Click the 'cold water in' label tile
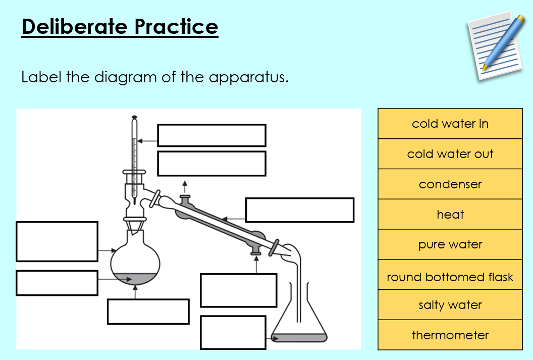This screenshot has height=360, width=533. click(450, 124)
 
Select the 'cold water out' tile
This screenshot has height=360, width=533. click(450, 154)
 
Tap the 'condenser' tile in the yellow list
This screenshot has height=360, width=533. click(450, 184)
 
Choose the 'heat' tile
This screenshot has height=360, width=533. click(450, 215)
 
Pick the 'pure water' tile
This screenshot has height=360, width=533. click(450, 245)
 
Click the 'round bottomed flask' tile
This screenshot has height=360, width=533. click(450, 277)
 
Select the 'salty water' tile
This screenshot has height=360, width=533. click(450, 305)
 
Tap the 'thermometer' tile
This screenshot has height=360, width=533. click(450, 335)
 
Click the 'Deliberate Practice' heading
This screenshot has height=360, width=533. click(120, 26)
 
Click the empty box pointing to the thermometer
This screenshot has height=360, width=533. click(211, 135)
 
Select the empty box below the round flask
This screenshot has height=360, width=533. click(148, 312)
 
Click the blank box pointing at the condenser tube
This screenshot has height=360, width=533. click(299, 210)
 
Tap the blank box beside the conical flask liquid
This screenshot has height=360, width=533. click(233, 332)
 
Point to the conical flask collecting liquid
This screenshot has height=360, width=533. click(299, 323)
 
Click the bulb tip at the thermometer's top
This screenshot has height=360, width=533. click(134, 119)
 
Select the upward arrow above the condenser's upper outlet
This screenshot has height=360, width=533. click(185, 185)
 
